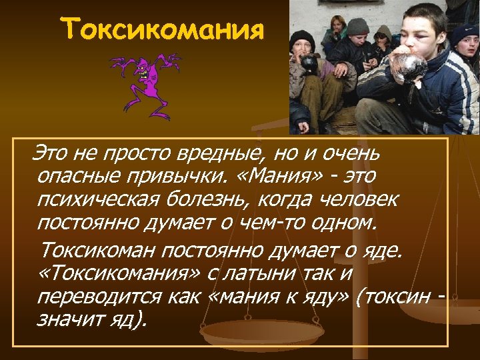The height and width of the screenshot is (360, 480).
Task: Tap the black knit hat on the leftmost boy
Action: tap(302, 41)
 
